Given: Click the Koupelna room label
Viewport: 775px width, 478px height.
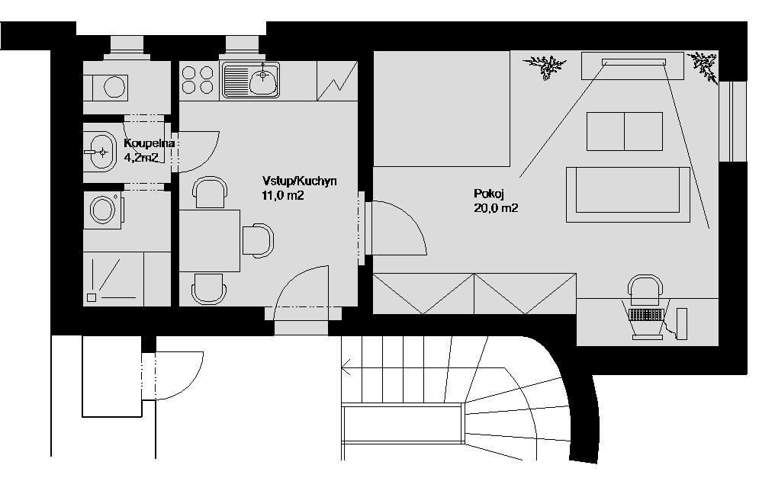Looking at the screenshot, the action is pos(150,143).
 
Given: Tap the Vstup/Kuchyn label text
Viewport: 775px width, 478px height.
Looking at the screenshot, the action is pos(300,181).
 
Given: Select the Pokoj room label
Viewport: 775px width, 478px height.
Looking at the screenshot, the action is pos(488,193).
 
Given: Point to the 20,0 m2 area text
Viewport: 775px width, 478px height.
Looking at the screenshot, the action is pos(496,208).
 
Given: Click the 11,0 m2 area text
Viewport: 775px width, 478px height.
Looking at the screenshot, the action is pos(283,195).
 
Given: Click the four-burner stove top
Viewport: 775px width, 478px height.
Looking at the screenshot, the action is pos(198,80).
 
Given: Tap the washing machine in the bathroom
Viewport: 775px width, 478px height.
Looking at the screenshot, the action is pos(103,210).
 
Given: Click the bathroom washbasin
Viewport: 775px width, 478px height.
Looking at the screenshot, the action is pos(100,152).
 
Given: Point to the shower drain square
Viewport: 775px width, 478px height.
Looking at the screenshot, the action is pos(92,297).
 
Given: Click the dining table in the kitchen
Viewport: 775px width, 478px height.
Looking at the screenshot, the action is pos(210,240).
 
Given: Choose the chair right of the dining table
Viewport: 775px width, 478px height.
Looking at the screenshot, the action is pos(258,240).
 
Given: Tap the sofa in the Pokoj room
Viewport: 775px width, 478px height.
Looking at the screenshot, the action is pos(628,194).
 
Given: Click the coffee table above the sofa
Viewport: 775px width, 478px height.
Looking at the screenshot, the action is pos(625,131).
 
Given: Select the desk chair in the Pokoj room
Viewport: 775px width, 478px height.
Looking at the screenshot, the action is pos(645,291).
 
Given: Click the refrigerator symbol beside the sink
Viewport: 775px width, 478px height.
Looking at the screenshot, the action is pos(336,81).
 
